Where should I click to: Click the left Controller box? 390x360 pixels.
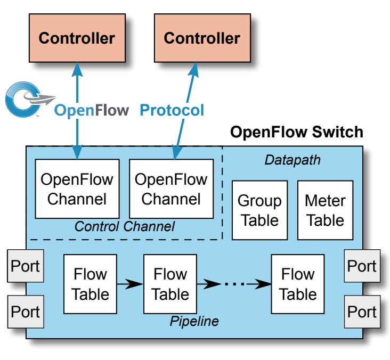coord(77,38)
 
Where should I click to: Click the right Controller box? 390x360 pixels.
coord(202,38)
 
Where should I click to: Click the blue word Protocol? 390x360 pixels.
coord(172,110)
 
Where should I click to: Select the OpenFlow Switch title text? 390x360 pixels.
coord(297,132)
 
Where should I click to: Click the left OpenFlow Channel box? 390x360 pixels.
coord(77,189)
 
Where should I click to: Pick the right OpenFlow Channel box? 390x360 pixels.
coord(171,189)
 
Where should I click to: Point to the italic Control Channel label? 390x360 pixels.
coord(124,227)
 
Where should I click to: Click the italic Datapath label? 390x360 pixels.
coord(292,159)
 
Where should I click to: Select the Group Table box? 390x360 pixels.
coord(259,210)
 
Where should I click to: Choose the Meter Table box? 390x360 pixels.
coord(325,210)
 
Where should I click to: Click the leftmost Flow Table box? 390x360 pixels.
coord(90,284)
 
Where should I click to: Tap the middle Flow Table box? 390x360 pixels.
coord(170,284)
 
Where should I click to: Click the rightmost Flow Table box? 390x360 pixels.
coord(298,284)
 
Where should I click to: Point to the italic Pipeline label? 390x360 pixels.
coord(194,321)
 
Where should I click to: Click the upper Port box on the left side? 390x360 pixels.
coord(25,265)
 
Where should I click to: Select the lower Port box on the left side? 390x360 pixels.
coord(25,312)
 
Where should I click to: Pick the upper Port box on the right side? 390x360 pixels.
coord(362,265)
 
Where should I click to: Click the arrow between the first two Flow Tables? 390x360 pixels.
coord(130,284)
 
